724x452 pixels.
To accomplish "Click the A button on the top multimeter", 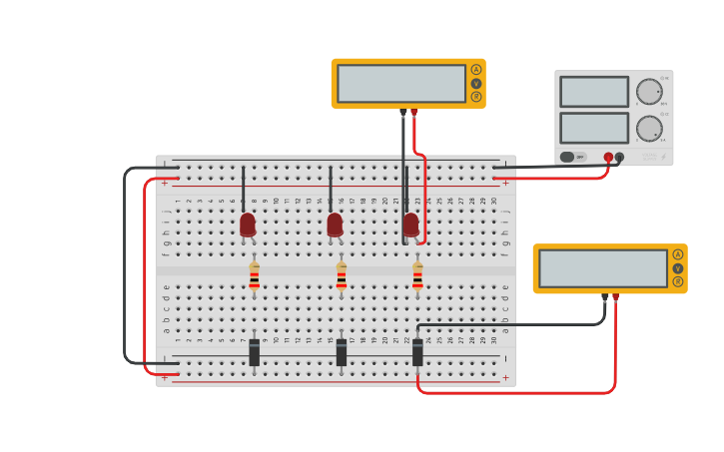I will [476, 70].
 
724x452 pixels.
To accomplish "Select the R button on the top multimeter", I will [476, 97].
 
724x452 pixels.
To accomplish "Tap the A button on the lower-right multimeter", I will [678, 254].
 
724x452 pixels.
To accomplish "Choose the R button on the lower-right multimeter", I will [678, 281].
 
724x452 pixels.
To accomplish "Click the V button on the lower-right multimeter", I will [678, 268].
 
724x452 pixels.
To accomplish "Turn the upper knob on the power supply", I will [649, 92].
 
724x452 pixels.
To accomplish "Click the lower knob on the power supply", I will [649, 128].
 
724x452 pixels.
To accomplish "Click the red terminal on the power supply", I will [608, 157].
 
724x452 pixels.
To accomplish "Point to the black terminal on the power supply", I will [620, 157].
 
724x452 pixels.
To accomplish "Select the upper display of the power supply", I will [594, 92].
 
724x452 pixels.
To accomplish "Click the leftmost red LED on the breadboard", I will [248, 225].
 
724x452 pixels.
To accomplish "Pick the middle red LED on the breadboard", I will [335, 225].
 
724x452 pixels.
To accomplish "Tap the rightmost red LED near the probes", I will [410, 225].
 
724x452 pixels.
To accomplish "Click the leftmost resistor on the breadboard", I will [254, 276].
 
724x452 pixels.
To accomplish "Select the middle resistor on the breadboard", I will [342, 276].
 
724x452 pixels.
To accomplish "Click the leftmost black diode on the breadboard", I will [254, 352].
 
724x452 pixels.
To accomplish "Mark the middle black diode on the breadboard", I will [342, 352].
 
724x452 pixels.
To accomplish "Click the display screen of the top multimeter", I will [401, 84].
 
